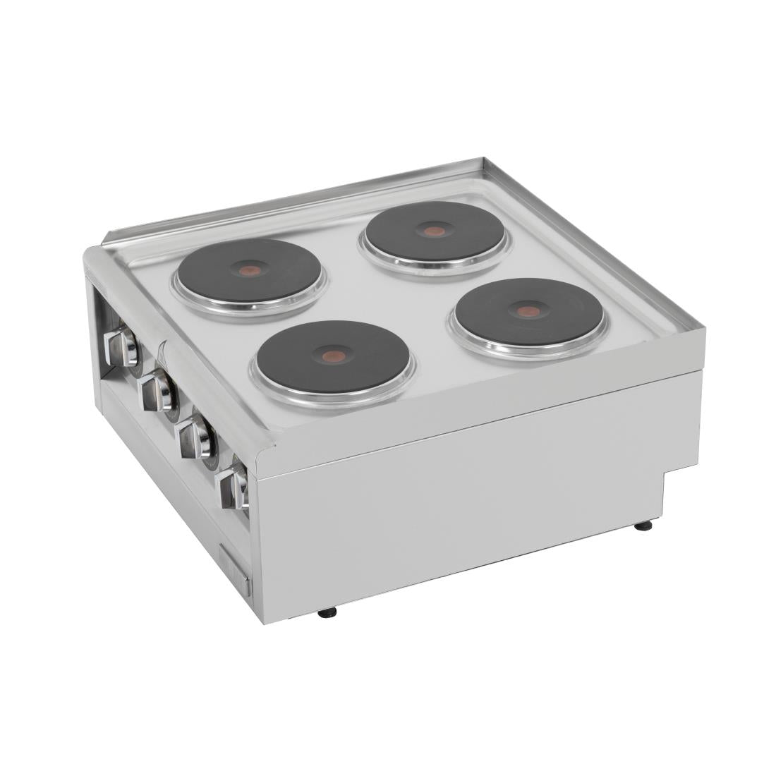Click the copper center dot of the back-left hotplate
point(248,270)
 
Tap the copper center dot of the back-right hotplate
point(435,231)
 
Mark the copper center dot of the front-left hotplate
point(334,356)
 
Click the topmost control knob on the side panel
point(121,346)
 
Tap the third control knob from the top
point(196,437)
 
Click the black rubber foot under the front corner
point(327,612)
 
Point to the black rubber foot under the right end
point(643,526)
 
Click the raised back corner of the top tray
point(482,162)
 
